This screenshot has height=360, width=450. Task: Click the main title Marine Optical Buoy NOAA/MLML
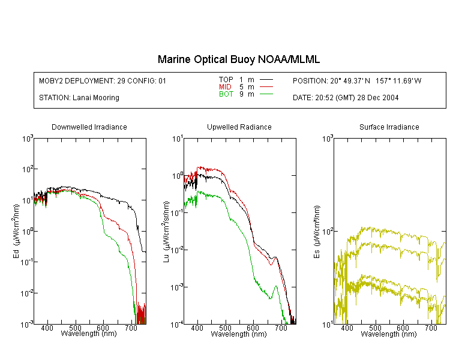[238, 59]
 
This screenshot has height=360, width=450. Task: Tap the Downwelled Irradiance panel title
[89, 127]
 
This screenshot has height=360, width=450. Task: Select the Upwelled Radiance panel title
[239, 127]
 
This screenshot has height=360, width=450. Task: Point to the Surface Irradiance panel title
[389, 127]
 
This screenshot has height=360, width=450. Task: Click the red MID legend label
[225, 86]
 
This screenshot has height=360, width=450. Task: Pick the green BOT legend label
[226, 94]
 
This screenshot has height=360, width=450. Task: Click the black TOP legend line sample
[266, 80]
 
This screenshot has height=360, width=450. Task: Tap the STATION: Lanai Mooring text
[79, 98]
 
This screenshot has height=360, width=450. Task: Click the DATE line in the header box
[346, 98]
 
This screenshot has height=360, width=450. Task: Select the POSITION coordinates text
[357, 81]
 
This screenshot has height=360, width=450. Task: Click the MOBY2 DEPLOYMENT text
[103, 81]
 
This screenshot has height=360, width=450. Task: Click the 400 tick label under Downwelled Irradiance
[47, 328]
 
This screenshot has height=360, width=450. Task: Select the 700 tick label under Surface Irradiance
[431, 328]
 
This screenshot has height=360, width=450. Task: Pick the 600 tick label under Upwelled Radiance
[253, 328]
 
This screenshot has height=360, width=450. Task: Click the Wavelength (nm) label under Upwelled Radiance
[239, 334]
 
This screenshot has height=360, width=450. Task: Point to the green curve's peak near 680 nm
[276, 286]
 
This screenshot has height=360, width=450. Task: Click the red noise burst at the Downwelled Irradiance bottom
[141, 313]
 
